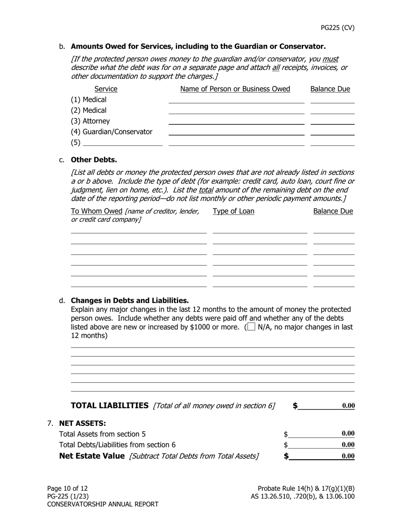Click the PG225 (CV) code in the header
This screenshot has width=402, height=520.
337,28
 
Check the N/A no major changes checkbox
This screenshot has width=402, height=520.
251,327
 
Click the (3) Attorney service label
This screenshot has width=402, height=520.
90,121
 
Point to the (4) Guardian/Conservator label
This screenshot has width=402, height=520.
111,132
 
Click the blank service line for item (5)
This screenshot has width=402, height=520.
123,142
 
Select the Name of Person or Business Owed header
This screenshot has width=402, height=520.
235,89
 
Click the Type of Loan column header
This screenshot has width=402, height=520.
234,211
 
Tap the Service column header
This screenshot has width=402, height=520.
106,89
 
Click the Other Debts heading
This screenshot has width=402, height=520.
94,160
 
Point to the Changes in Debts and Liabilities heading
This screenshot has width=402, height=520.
129,301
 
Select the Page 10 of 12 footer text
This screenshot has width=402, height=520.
67,488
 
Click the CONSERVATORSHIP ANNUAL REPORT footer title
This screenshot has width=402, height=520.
103,504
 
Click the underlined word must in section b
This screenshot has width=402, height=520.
330,59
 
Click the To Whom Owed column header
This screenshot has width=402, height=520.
96,211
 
